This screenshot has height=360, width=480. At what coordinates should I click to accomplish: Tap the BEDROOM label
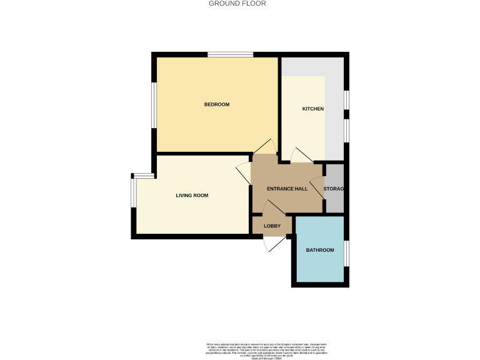(x=217, y=104)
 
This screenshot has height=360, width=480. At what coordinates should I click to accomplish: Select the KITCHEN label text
(x=313, y=109)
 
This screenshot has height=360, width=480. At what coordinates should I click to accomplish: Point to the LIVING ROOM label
(x=192, y=196)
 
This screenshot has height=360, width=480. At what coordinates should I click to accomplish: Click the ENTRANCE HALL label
(x=287, y=189)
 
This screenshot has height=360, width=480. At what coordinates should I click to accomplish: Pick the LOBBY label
(x=272, y=226)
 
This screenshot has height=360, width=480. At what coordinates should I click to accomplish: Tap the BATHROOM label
(x=320, y=250)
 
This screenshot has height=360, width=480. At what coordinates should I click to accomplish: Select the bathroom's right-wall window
(x=347, y=252)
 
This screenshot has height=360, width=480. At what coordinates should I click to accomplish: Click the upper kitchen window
(x=347, y=101)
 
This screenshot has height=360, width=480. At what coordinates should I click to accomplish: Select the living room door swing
(x=243, y=173)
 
